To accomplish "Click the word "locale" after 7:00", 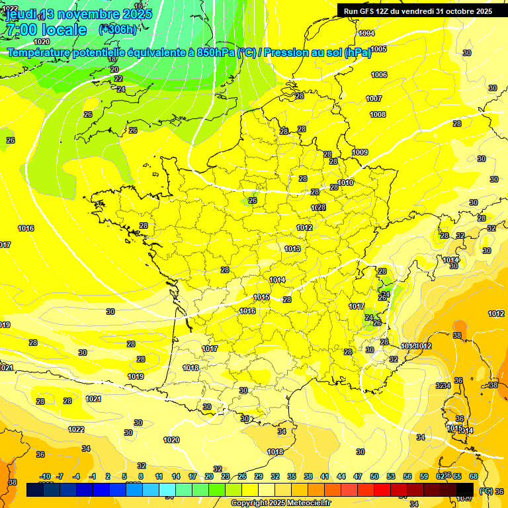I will click(x=64, y=30).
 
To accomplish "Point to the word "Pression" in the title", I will click(x=289, y=53).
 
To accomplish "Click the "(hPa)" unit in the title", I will click(x=358, y=53).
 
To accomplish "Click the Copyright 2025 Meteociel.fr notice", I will click(x=280, y=503).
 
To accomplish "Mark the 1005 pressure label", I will click(x=378, y=49).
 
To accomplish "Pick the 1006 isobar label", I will click(x=379, y=75).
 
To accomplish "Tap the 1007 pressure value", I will click(x=374, y=99).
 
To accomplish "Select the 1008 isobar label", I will click(x=378, y=114).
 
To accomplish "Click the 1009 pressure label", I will click(x=360, y=152).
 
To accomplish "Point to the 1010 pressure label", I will click(x=345, y=183).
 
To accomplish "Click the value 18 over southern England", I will click(x=112, y=59).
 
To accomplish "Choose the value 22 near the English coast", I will click(x=118, y=79).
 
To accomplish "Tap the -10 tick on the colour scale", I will click(x=45, y=476).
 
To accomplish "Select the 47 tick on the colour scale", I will click(x=358, y=476).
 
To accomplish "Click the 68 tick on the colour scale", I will click(x=474, y=476).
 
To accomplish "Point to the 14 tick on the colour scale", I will click(x=176, y=476).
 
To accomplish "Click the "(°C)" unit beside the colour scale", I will click(x=486, y=491).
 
